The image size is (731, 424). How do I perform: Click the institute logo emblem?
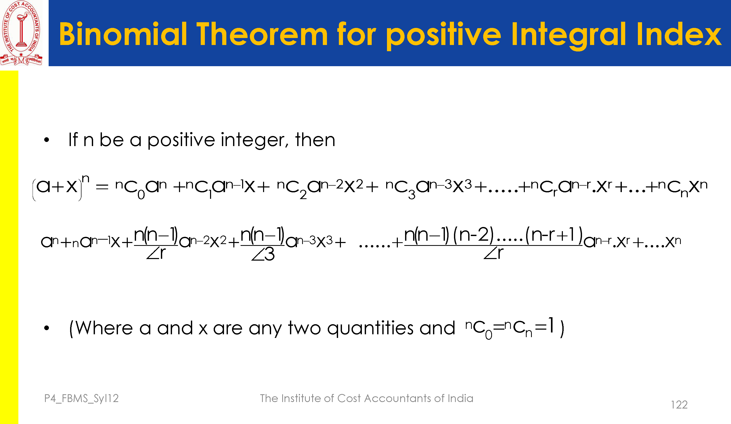coord(21,33)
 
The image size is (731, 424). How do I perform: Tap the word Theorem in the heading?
coord(262,34)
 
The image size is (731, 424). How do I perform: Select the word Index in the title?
coord(679,34)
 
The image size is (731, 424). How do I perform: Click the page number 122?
coord(679,405)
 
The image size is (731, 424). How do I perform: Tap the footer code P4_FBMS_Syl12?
coord(81,398)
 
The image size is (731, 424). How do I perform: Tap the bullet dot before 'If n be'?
coord(46,140)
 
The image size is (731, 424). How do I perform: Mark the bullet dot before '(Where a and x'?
coord(46,328)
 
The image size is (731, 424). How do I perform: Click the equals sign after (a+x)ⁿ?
coord(102,187)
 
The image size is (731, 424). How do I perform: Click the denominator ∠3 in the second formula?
coord(263,255)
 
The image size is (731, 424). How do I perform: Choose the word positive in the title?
coord(443,36)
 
